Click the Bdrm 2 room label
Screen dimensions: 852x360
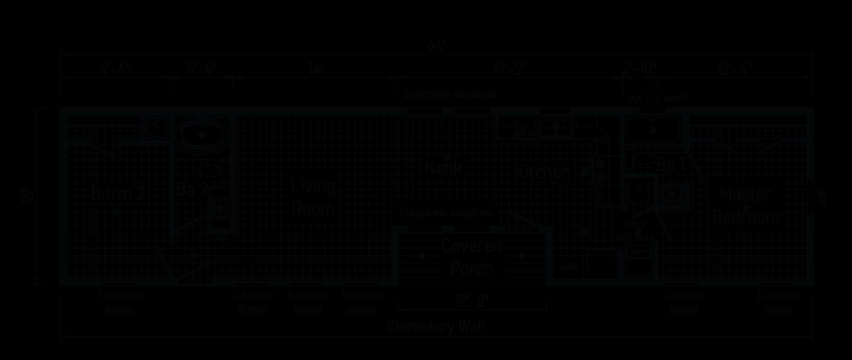point(117,193)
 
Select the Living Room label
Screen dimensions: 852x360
point(313,198)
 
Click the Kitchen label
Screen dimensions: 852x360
point(542,172)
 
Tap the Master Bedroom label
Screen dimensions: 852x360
point(746,206)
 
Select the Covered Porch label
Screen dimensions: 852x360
point(472,257)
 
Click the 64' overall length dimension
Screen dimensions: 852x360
point(437,47)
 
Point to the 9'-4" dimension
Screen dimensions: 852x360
point(116,69)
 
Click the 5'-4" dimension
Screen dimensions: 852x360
point(202,69)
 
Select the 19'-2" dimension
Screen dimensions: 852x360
point(510,69)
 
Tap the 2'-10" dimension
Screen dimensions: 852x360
point(639,69)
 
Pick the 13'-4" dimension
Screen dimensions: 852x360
point(735,69)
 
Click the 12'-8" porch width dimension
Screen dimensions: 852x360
point(471,301)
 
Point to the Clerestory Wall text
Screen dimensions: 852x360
point(437,327)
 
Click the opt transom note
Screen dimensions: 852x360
point(657,98)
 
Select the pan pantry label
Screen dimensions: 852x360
point(568,266)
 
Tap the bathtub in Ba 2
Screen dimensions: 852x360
point(202,134)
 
